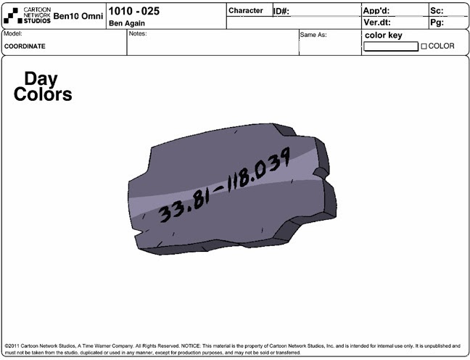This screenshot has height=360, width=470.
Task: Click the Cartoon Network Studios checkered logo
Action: coord(12,16)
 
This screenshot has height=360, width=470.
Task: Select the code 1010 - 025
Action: coord(134,11)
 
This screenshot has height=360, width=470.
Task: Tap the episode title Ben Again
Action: coord(127,23)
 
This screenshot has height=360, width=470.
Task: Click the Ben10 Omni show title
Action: coord(78,16)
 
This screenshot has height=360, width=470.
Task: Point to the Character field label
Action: coord(246,10)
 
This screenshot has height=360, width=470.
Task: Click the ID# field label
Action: coord(281,12)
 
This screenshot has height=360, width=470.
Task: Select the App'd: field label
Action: coord(376,11)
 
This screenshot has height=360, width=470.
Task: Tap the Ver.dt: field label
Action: coord(377,22)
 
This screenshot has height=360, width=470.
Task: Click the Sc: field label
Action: coord(437,11)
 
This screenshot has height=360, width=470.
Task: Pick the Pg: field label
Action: coord(437,22)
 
